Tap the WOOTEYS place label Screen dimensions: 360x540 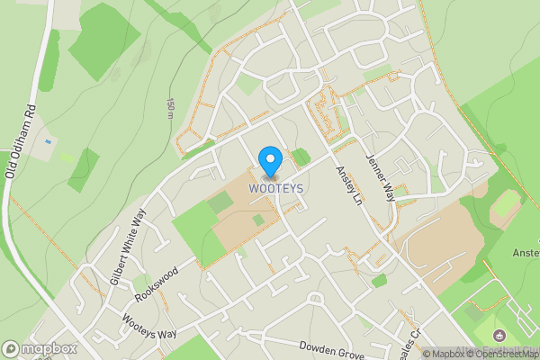coord(269,188)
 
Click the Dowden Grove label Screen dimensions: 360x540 coord(332,350)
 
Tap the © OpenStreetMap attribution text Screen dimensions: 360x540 coord(501,354)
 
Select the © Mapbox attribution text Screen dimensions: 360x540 coord(444,354)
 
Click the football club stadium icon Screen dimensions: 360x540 coord(499,336)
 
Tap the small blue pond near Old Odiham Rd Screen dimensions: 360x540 coord(49,143)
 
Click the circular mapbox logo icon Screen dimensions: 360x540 coord(11,348)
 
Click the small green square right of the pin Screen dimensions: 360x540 coord(301,157)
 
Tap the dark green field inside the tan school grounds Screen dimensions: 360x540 coord(219,203)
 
